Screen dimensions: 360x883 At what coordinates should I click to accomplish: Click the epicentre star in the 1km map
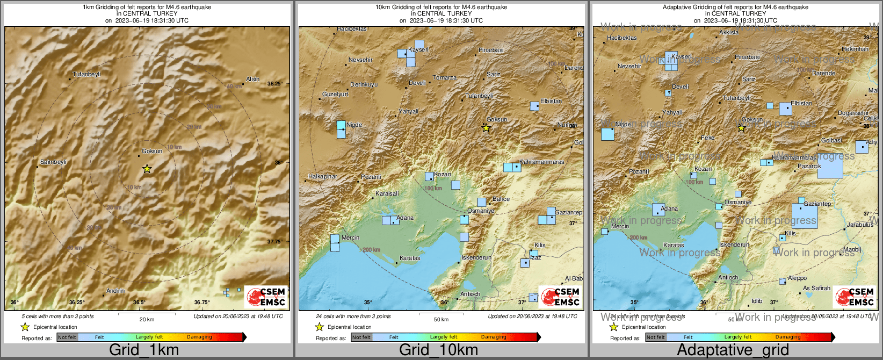click(147, 169)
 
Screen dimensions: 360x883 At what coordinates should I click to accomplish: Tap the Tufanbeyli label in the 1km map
click(86, 74)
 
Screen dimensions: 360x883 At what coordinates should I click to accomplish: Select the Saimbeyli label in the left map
click(53, 162)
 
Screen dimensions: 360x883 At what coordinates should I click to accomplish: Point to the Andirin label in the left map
click(115, 291)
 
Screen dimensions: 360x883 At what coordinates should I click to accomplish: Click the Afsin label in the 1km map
click(252, 79)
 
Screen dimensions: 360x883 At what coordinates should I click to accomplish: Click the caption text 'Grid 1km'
click(144, 350)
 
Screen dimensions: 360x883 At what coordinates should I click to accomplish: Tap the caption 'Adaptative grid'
click(733, 350)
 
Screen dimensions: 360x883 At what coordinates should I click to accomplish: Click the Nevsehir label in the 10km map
click(360, 60)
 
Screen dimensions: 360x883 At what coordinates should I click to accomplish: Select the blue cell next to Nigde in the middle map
click(341, 129)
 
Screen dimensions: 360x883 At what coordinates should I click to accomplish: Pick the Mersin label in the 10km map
click(350, 237)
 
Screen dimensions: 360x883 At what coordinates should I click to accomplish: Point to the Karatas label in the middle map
click(410, 258)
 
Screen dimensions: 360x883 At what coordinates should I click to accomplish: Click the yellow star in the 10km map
click(486, 128)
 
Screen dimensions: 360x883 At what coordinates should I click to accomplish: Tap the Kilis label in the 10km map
click(540, 245)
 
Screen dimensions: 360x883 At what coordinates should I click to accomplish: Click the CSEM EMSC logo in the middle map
click(560, 297)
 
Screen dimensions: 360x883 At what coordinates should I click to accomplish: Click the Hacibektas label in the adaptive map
click(621, 38)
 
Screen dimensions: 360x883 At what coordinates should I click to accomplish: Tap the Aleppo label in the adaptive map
click(797, 278)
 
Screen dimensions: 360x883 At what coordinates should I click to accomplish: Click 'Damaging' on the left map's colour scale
click(199, 337)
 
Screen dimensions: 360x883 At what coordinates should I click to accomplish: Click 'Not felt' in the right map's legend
click(655, 337)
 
